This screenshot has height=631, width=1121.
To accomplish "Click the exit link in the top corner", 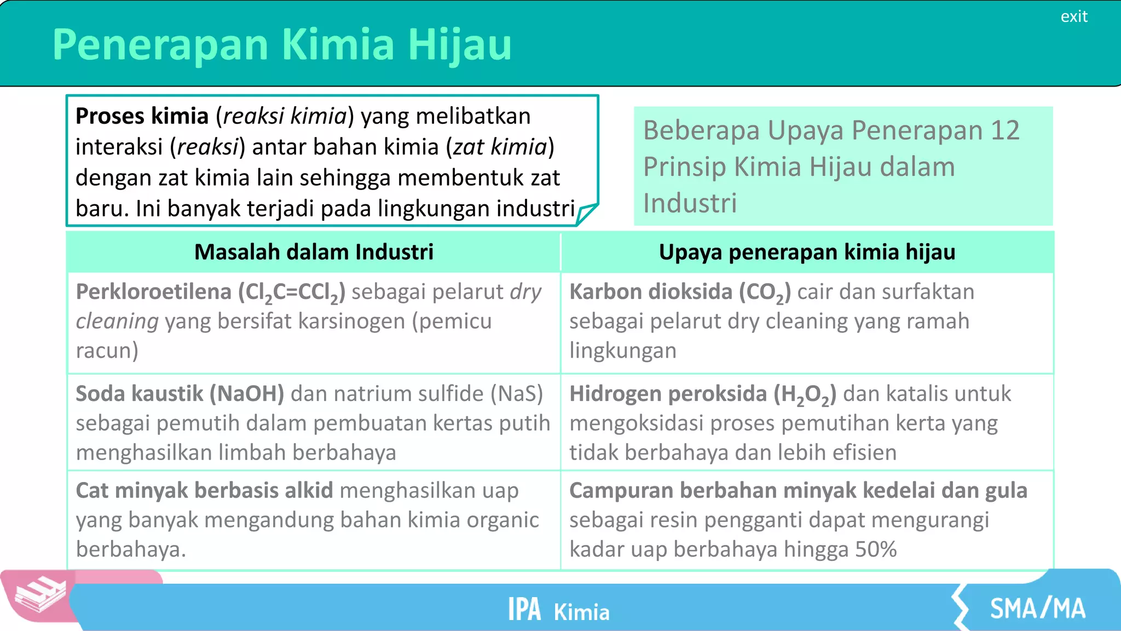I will (x=1073, y=16).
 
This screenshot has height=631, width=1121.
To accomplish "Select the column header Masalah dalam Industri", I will (x=314, y=252).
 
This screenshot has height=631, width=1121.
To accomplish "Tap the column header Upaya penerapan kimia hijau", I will (x=807, y=252).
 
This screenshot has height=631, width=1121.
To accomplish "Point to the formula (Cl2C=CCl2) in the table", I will (x=292, y=292).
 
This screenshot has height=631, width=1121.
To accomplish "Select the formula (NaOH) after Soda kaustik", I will (x=247, y=394).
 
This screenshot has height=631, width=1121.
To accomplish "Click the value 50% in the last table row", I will (x=876, y=549).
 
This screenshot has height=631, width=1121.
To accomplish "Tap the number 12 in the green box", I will (x=1005, y=130).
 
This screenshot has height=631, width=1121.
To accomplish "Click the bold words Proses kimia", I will (x=142, y=116).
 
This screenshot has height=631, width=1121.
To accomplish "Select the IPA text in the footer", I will (x=524, y=609).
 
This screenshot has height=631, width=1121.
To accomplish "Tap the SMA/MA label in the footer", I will (x=1037, y=609).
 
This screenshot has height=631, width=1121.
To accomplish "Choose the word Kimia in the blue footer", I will (x=581, y=612).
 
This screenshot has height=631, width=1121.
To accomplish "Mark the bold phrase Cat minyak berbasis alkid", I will (x=204, y=491).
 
